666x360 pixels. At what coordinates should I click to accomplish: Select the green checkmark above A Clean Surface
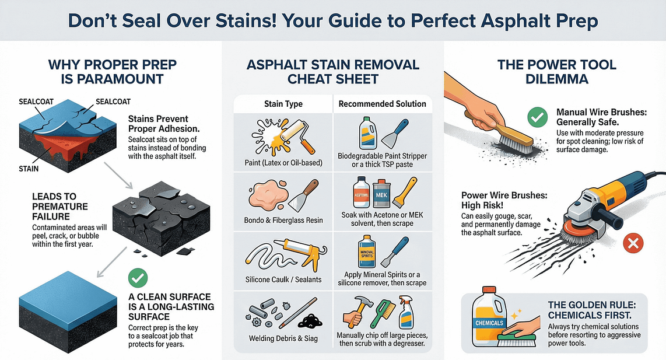[x=139, y=277]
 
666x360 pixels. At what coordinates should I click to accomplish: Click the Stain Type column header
[x=283, y=104]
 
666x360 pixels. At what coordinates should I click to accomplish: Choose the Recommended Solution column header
[x=382, y=104]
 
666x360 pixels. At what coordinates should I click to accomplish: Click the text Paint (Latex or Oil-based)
[x=283, y=162]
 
